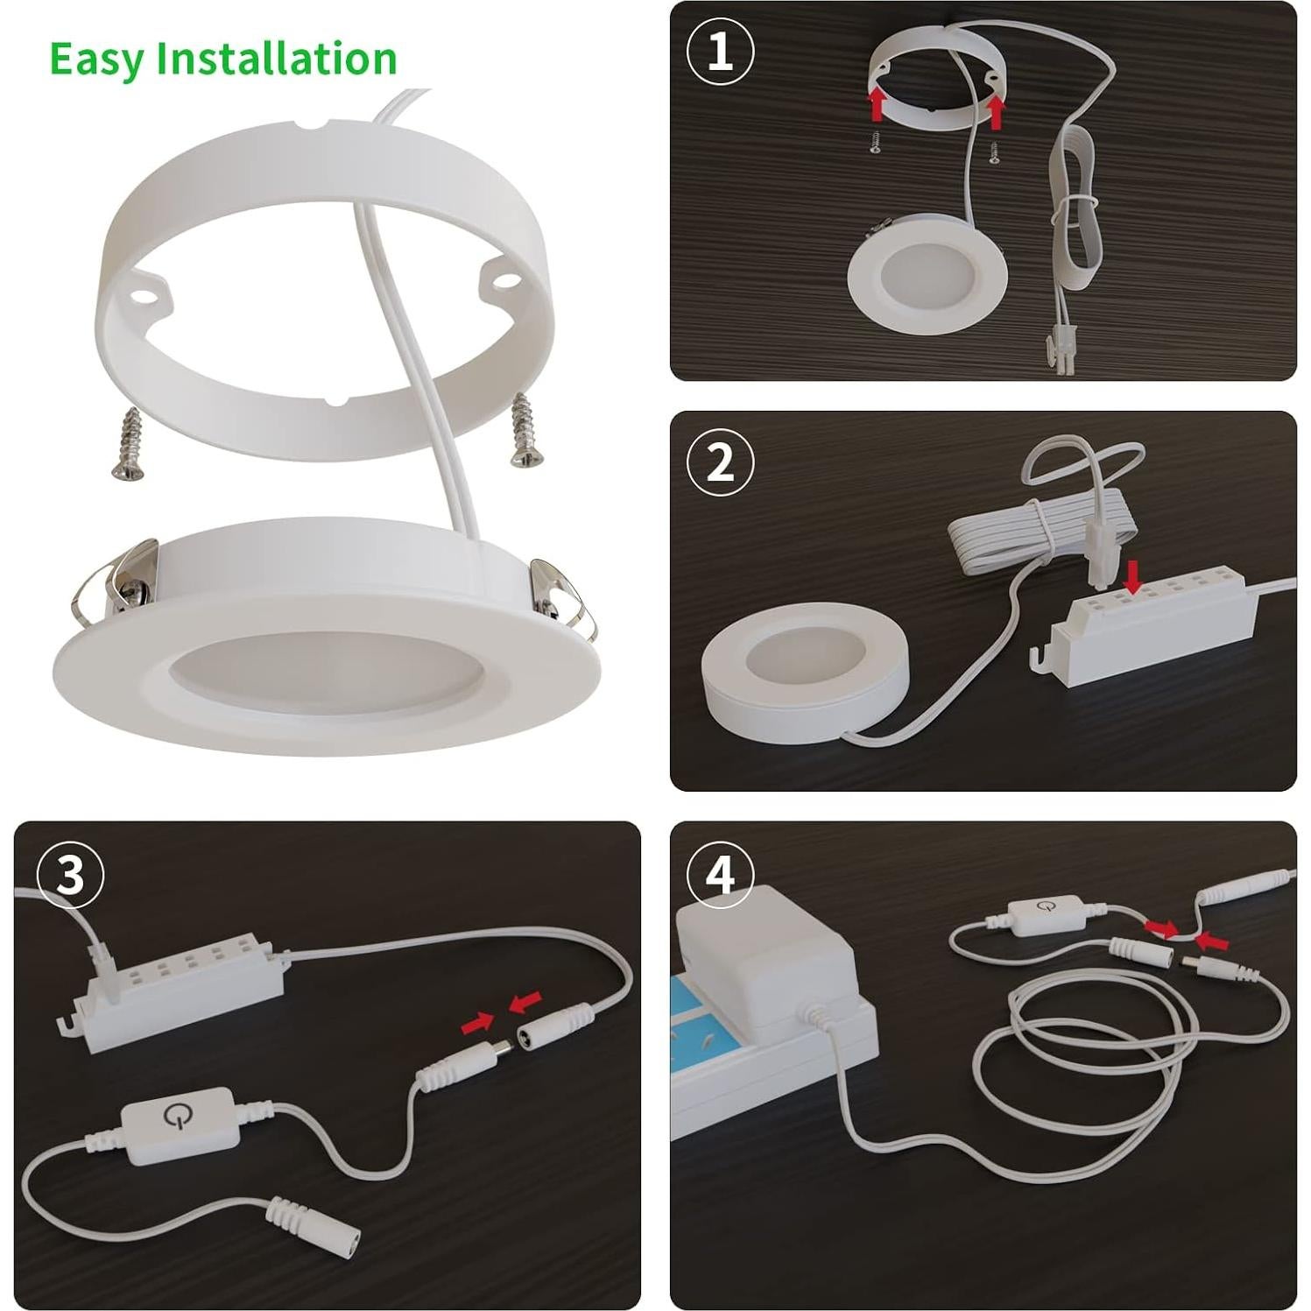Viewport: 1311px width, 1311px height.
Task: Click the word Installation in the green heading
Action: [x=277, y=59]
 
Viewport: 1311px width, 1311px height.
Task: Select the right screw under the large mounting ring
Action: [x=524, y=429]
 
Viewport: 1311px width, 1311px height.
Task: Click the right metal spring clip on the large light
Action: [x=557, y=596]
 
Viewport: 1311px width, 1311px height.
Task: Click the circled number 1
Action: [x=720, y=52]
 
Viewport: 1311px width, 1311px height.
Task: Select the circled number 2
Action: [x=720, y=462]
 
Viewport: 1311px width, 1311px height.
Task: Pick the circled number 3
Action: [x=70, y=873]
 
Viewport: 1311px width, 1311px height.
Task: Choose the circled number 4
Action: [x=720, y=873]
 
